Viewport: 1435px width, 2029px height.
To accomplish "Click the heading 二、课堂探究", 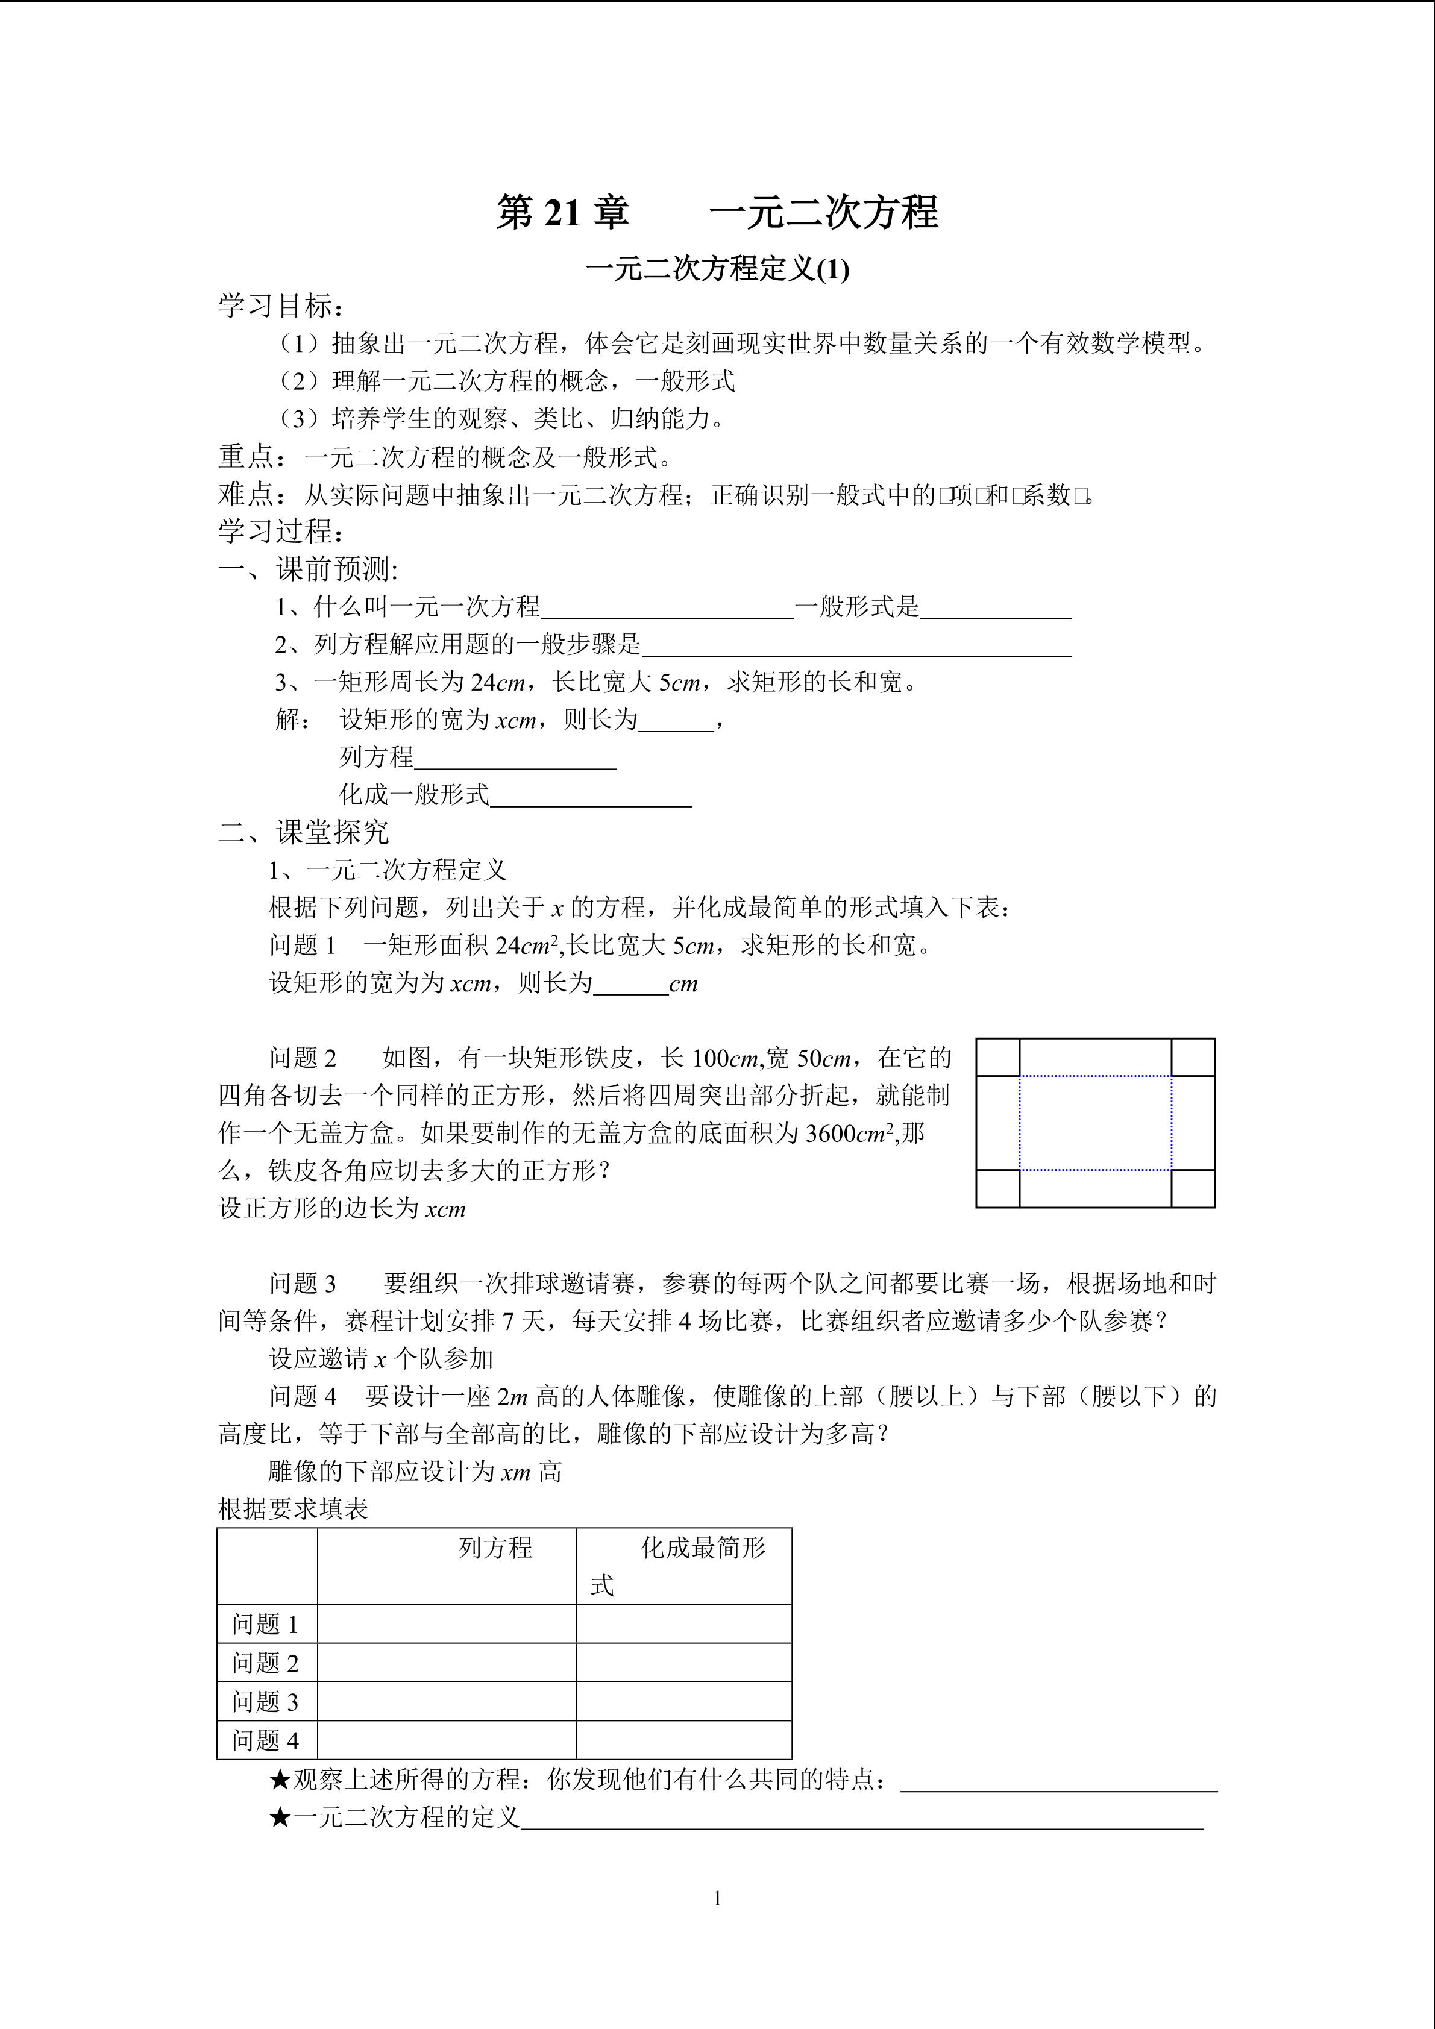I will click(303, 832).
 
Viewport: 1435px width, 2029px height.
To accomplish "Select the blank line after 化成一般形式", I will click(590, 798).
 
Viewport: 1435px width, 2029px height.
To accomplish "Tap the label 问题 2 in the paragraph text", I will click(303, 1058).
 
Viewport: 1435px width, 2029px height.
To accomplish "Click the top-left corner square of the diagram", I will click(997, 1057).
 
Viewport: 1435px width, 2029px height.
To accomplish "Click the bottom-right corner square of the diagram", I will click(1193, 1188).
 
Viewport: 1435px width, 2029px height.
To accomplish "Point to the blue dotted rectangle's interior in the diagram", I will click(1096, 1122).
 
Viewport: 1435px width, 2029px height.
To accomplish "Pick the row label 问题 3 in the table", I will click(265, 1701).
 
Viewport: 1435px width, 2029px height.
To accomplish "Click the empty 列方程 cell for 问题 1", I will click(446, 1623).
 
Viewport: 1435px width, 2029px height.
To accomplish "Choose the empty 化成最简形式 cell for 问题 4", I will click(683, 1740).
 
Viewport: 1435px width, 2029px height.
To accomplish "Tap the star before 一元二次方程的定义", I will click(280, 1818).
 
